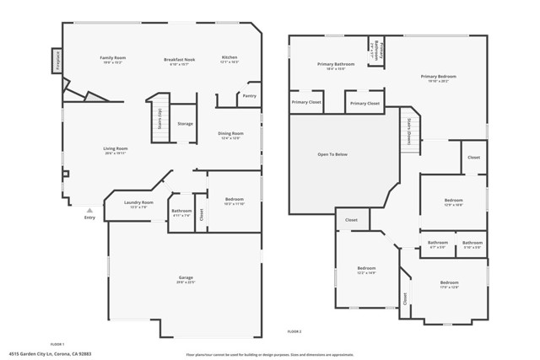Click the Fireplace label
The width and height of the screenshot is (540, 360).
pos(57,61)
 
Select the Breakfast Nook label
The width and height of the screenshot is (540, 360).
pos(180,60)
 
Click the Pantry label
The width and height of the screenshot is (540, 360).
pos(249,96)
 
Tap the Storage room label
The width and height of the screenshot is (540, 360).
pos(185,124)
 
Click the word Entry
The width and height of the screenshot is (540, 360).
pos(90,218)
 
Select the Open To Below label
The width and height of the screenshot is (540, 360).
pos(332,154)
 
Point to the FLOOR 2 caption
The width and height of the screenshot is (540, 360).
pos(294,330)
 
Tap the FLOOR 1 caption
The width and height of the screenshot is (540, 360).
pos(57,344)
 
